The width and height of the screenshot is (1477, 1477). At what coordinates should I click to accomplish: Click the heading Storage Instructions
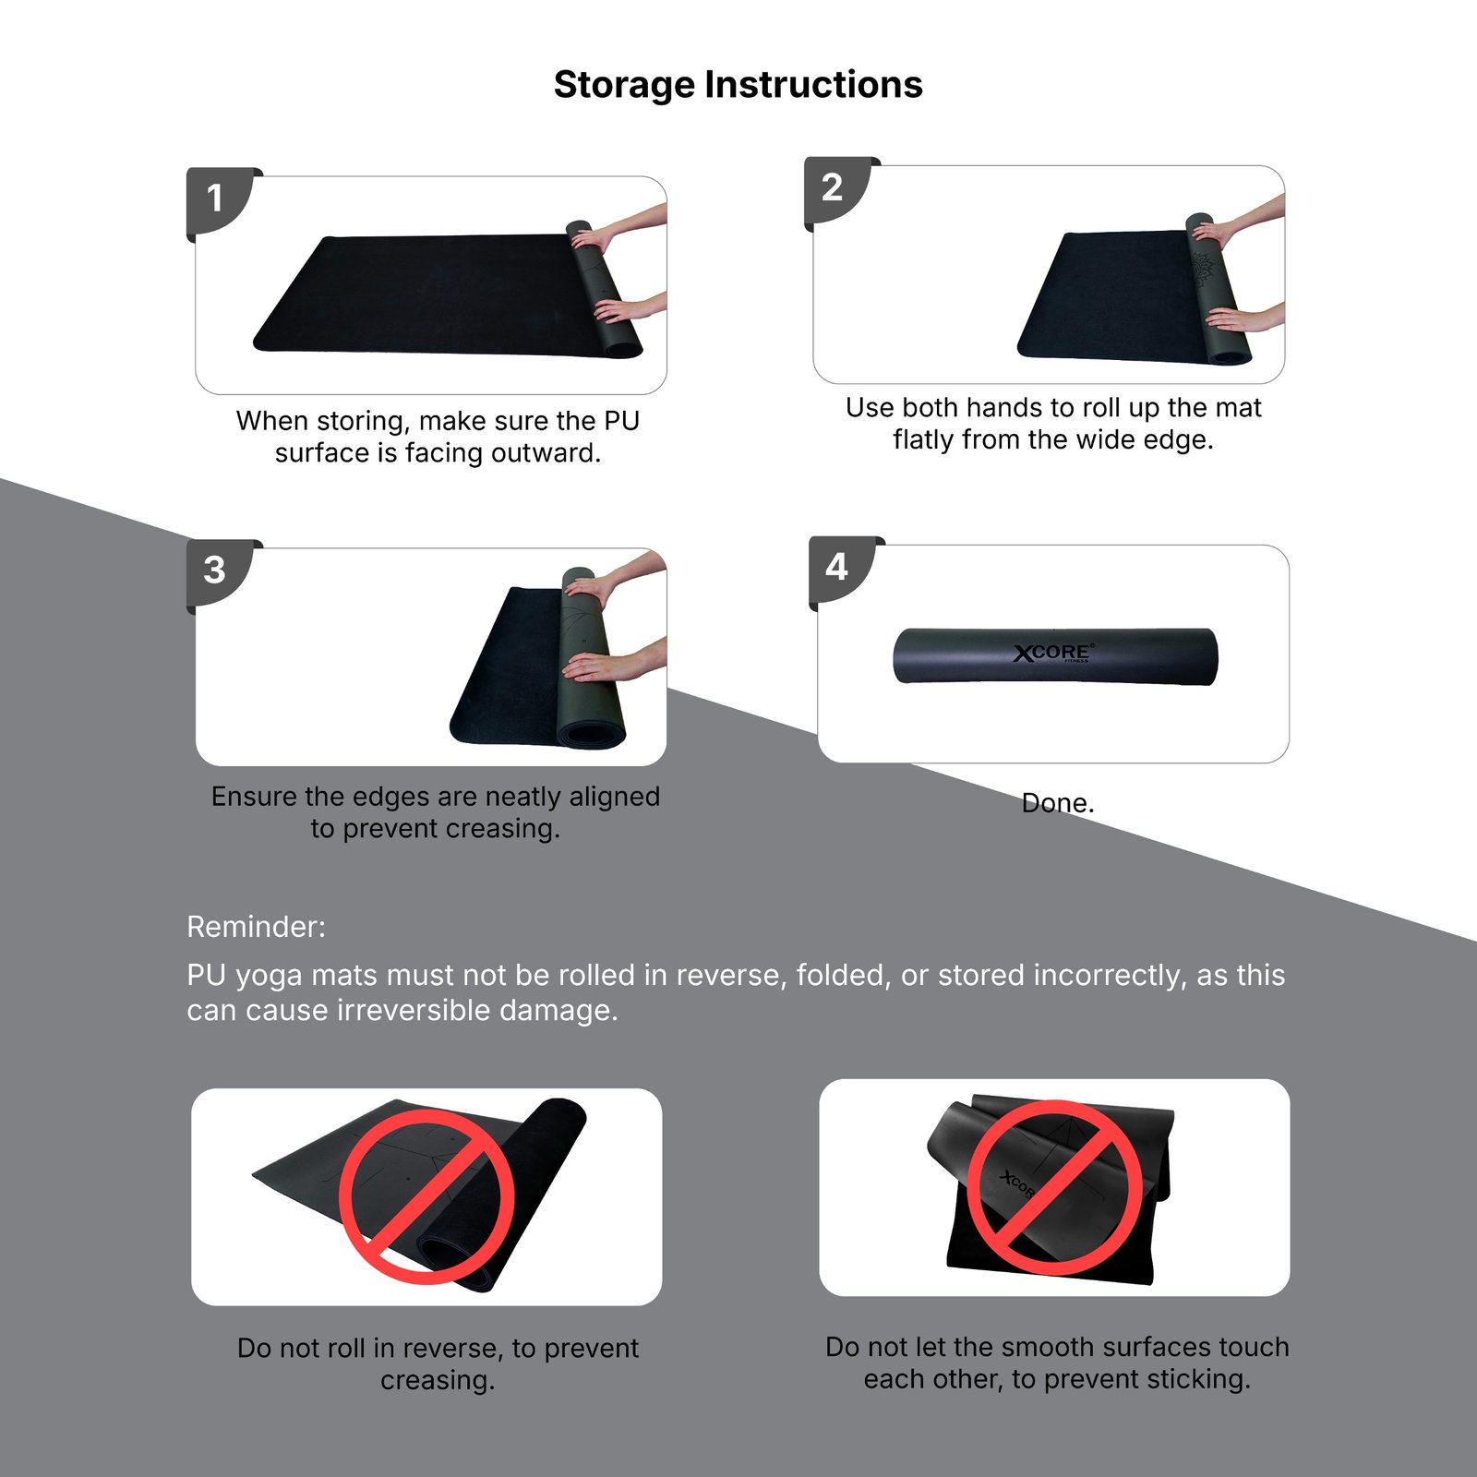tap(738, 85)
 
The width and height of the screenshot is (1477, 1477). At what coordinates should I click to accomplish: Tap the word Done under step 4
tap(1058, 803)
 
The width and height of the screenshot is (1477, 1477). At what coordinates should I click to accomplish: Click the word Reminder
tap(256, 927)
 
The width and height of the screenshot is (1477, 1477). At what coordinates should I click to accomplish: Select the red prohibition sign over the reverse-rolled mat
tap(426, 1196)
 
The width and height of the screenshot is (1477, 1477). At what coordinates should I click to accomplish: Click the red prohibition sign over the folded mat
tap(1054, 1187)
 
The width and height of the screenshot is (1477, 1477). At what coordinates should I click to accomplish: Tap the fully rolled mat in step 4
tap(1055, 656)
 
